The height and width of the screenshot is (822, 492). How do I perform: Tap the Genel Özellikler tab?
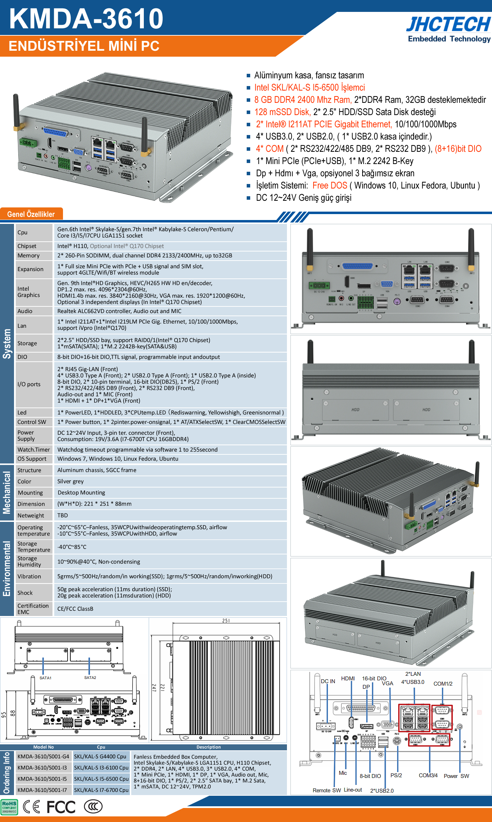pyautogui.click(x=31, y=214)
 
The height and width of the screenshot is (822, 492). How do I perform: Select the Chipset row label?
pyautogui.click(x=27, y=246)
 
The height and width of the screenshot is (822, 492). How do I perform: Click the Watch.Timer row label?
pyautogui.click(x=34, y=449)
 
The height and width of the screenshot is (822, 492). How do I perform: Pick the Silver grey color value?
pyautogui.click(x=70, y=481)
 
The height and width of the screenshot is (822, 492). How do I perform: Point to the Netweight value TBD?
pyautogui.click(x=63, y=515)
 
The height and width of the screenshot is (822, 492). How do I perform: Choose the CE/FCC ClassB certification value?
pyautogui.click(x=75, y=609)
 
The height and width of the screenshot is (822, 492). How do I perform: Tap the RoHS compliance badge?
pyautogui.click(x=9, y=807)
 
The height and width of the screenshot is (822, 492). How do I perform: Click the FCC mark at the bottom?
pyautogui.click(x=61, y=807)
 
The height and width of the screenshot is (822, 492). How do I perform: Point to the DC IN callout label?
pyautogui.click(x=328, y=681)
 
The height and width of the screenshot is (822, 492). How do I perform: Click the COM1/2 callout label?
pyautogui.click(x=443, y=683)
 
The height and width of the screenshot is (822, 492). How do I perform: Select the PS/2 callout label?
pyautogui.click(x=396, y=775)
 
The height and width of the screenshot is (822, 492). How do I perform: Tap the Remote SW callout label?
pyautogui.click(x=326, y=790)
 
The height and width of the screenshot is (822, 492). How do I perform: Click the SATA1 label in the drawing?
pyautogui.click(x=45, y=678)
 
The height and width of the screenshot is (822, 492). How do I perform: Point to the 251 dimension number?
pyautogui.click(x=226, y=621)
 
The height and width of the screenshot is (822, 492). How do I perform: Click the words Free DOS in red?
pyautogui.click(x=330, y=185)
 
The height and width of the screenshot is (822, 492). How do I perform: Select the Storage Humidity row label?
pyautogui.click(x=29, y=561)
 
